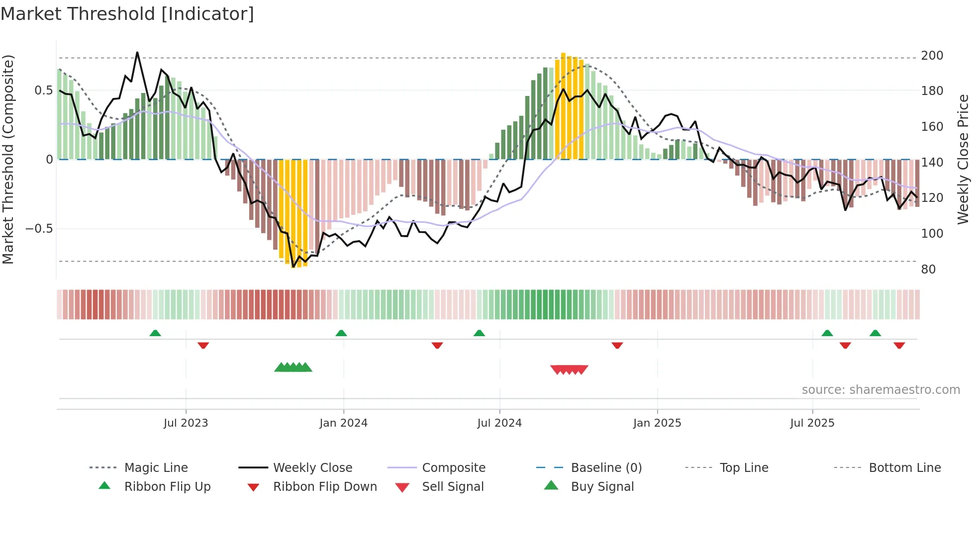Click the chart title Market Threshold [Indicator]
point(127,14)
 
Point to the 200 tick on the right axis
point(932,56)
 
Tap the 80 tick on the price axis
point(928,270)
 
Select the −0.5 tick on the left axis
point(39,229)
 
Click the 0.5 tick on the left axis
point(43,91)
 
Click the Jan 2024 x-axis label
point(343,423)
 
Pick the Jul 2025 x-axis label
point(812,423)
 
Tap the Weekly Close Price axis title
point(963,159)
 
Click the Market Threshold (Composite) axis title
point(8,159)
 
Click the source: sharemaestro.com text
point(880,390)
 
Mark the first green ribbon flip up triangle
point(155,333)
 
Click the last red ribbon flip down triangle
point(899,345)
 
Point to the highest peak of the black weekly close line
point(137,52)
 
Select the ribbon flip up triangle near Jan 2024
point(341,333)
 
